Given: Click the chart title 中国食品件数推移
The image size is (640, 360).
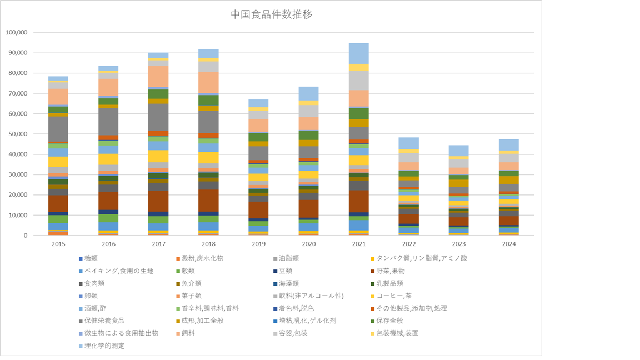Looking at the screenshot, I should pos(271,14).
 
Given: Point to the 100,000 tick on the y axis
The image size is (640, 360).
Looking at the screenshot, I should pos(16,32).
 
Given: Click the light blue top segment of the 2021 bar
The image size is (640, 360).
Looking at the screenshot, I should pos(359,53).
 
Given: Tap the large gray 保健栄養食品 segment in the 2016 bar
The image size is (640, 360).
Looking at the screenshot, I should pos(108,121).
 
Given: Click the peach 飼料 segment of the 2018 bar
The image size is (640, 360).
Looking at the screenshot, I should pos(208,82).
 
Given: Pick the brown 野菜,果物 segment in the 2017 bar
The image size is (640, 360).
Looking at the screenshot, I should pos(158,201).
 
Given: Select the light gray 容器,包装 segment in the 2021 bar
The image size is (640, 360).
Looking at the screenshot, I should pos(359,81).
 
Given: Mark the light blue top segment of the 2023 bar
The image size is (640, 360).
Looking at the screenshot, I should pos(459,151).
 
